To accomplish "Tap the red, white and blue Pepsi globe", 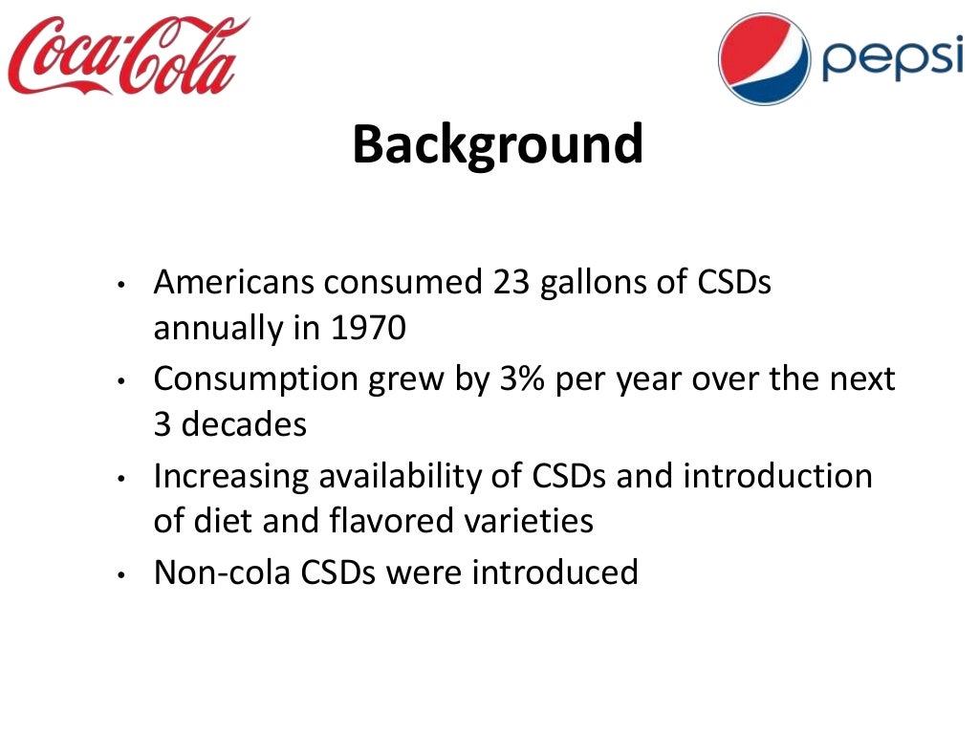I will [x=764, y=57].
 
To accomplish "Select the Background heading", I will [x=497, y=144].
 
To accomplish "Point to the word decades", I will [x=244, y=424].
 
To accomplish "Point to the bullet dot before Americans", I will [x=121, y=286].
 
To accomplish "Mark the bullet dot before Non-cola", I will [x=121, y=574].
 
